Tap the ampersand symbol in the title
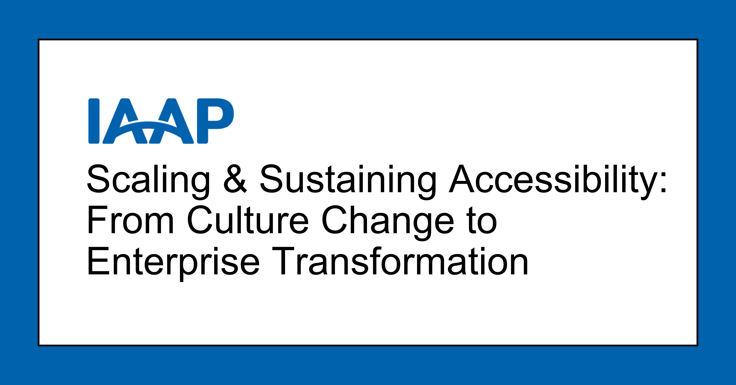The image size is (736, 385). pyautogui.click(x=235, y=179)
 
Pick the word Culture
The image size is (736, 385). pyautogui.click(x=248, y=220)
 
